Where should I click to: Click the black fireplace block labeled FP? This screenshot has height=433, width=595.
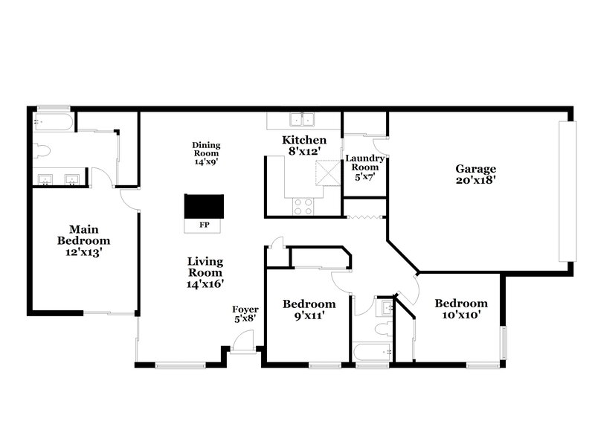(x=205, y=206)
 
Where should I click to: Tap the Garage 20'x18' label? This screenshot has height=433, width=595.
(x=475, y=174)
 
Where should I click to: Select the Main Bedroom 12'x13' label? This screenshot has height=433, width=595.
(x=84, y=240)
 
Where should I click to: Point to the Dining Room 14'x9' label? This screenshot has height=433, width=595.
(x=206, y=153)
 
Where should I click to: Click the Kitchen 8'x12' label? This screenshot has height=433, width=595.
(x=303, y=146)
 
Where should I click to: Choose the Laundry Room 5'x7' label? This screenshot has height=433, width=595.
(x=364, y=167)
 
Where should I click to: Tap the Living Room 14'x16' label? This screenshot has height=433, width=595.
(x=206, y=272)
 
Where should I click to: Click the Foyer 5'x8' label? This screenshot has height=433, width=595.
(x=245, y=314)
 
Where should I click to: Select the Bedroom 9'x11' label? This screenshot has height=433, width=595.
(x=309, y=309)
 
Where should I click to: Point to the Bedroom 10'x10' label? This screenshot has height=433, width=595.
(x=461, y=309)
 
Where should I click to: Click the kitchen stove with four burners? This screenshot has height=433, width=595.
(x=303, y=206)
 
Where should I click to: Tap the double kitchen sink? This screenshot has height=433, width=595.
(x=303, y=119)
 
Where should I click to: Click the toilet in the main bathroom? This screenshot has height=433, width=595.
(x=42, y=150)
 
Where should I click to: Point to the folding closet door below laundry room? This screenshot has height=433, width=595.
(x=364, y=217)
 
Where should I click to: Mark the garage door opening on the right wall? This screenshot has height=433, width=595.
(x=566, y=189)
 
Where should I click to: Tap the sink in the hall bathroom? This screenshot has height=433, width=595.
(x=385, y=307)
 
